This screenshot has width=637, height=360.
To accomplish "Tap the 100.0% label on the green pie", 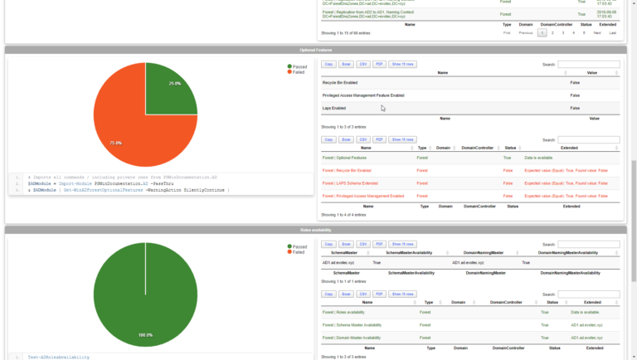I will [x=145, y=335].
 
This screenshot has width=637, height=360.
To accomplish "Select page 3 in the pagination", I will [x=563, y=33].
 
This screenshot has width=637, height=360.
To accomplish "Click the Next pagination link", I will [x=596, y=33].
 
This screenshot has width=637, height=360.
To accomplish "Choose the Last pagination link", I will [x=613, y=33].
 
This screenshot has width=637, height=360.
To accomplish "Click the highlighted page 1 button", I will [x=542, y=33].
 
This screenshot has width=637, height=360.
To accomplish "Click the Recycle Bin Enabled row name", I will [x=340, y=83].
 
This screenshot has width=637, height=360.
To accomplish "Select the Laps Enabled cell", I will [x=333, y=108].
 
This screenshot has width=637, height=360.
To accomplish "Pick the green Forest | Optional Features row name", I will [x=344, y=158].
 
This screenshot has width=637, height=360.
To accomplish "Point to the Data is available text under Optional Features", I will [x=539, y=158].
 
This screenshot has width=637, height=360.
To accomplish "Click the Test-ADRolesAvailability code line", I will [x=58, y=357].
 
